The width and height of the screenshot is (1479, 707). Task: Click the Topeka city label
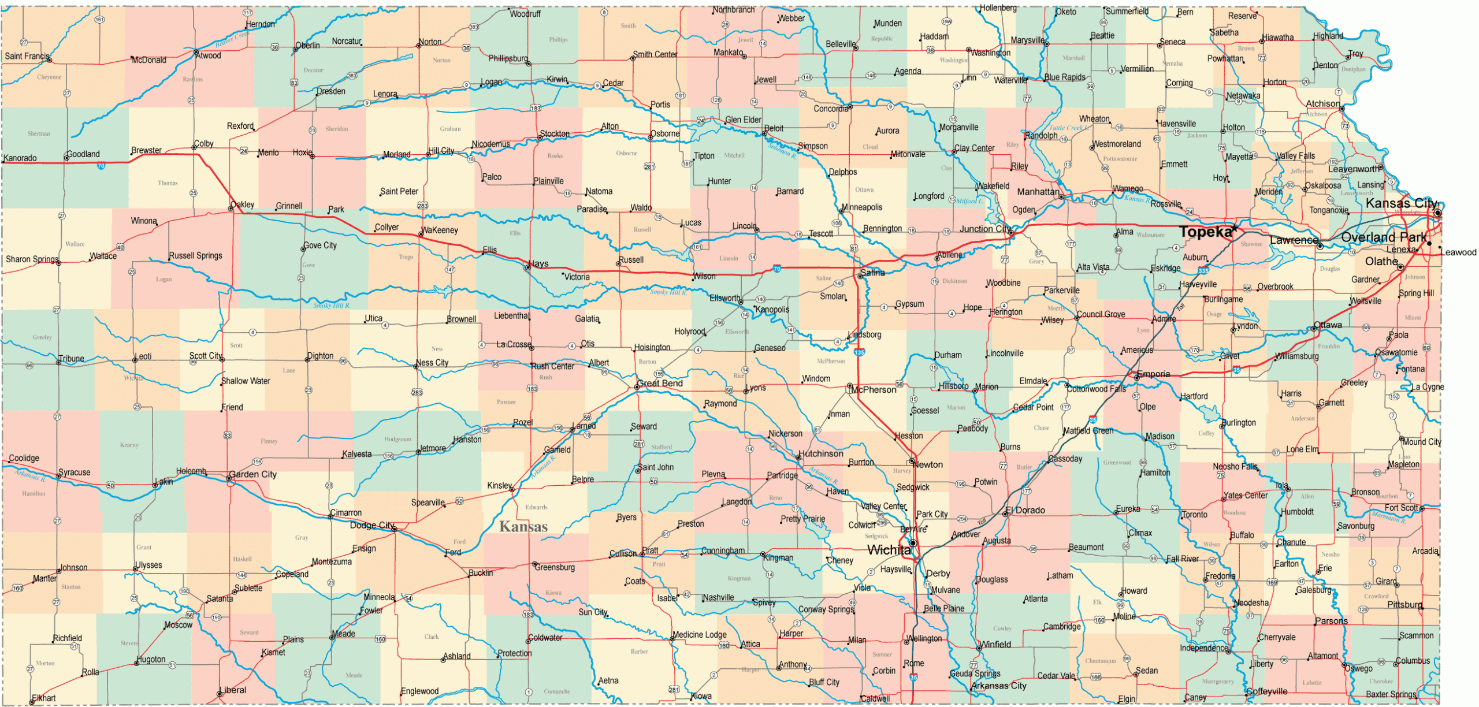pyautogui.click(x=1205, y=232)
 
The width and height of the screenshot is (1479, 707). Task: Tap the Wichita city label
pyautogui.click(x=889, y=550)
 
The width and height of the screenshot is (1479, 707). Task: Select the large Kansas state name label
pyautogui.click(x=523, y=527)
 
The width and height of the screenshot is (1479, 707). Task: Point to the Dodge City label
pyautogui.click(x=371, y=525)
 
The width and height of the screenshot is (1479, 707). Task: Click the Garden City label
pyautogui.click(x=253, y=474)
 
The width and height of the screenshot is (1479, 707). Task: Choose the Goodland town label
pyautogui.click(x=84, y=154)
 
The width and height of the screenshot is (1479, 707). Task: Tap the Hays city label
pyautogui.click(x=538, y=263)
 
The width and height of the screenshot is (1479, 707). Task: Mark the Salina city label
pyautogui.click(x=872, y=273)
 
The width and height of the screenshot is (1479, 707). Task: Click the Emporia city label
pyautogui.click(x=1154, y=374)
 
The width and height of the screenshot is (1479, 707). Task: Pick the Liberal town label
pyautogui.click(x=235, y=690)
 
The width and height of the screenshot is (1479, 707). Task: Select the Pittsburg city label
pyautogui.click(x=1405, y=605)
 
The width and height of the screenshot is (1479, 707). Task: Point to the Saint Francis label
pyautogui.click(x=27, y=56)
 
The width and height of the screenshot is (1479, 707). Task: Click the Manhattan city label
pyautogui.click(x=1038, y=191)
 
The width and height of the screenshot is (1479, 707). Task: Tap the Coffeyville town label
pyautogui.click(x=1267, y=691)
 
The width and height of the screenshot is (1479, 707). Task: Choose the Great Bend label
pyautogui.click(x=660, y=383)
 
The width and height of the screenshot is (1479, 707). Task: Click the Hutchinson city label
pyautogui.click(x=821, y=453)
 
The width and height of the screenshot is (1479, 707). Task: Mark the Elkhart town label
pyautogui.click(x=44, y=698)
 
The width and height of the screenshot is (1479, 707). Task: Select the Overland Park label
pyautogui.click(x=1384, y=237)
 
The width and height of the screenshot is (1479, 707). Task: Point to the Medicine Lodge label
pyautogui.click(x=700, y=634)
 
